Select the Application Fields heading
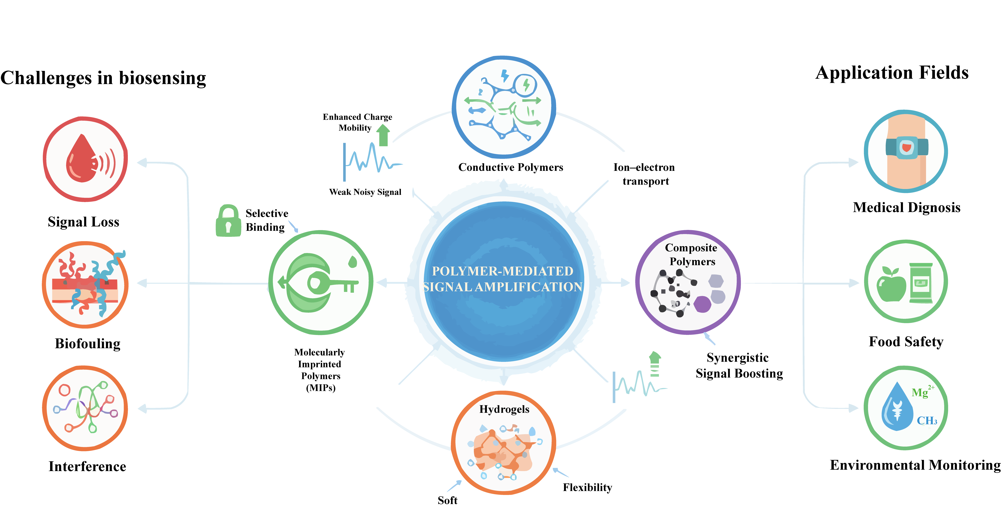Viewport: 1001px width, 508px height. point(892,73)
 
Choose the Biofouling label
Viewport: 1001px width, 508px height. point(87,343)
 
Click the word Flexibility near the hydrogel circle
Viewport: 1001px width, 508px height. point(587,487)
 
